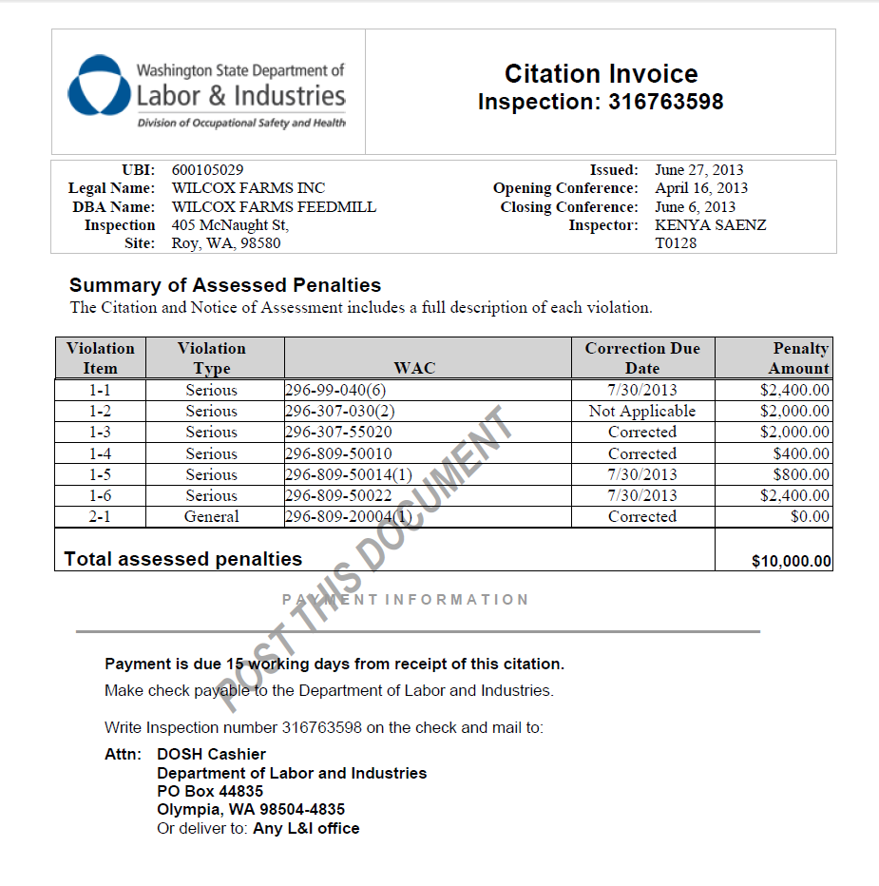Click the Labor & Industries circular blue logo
tap(98, 87)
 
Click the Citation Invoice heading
tap(601, 74)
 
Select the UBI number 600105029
tap(207, 170)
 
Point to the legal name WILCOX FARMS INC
tap(248, 188)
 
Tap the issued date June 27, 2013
tap(698, 170)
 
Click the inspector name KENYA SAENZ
tap(710, 225)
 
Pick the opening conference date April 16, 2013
tap(700, 188)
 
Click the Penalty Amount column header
tap(800, 358)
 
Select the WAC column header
tap(414, 368)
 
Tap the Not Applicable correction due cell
tap(642, 412)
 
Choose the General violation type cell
tap(211, 517)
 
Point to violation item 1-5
tap(100, 474)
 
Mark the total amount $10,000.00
tap(791, 561)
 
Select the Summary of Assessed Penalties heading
tap(225, 285)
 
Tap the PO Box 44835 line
tap(210, 791)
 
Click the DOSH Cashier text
tap(211, 755)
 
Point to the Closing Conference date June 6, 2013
tap(695, 207)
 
